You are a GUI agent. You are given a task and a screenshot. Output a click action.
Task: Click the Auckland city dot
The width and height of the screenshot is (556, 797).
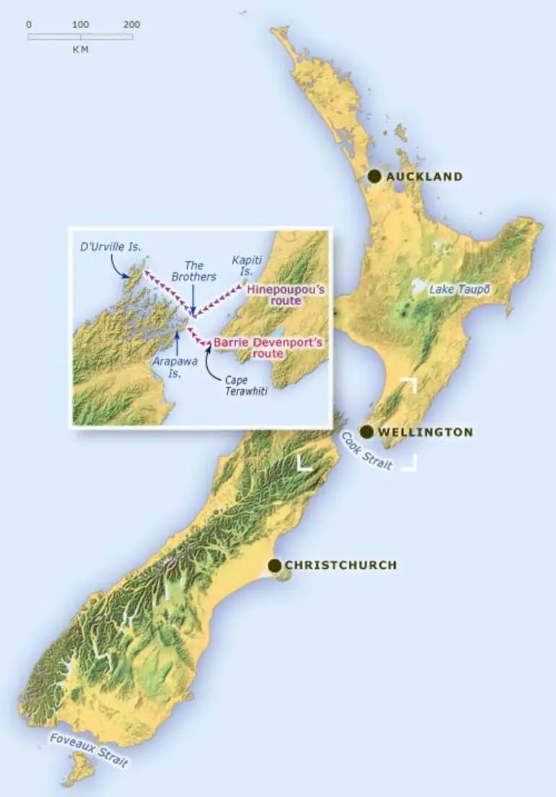[374, 176]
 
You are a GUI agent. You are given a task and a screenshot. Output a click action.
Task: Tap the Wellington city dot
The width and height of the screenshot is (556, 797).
[367, 432]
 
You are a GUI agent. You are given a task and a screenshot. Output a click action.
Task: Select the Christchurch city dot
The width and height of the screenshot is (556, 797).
[274, 565]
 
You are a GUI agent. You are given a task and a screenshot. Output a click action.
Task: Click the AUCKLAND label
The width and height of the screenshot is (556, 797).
[425, 177]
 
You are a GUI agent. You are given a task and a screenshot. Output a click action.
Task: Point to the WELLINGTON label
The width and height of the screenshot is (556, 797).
[426, 432]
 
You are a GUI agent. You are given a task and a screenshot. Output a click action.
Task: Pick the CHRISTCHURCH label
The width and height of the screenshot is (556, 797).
[341, 565]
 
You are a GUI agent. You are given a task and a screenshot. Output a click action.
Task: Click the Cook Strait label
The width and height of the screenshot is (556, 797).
[367, 453]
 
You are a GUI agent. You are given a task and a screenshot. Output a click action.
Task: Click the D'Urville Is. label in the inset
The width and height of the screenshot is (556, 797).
[110, 247]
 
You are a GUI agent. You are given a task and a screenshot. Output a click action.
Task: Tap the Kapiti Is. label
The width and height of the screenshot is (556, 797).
[249, 264]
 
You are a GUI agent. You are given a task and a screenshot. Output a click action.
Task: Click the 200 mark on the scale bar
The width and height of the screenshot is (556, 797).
[131, 25]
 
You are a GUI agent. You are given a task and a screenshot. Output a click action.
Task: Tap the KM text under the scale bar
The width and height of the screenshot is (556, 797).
[80, 50]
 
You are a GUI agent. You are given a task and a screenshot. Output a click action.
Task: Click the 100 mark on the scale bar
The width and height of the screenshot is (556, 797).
[80, 25]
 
